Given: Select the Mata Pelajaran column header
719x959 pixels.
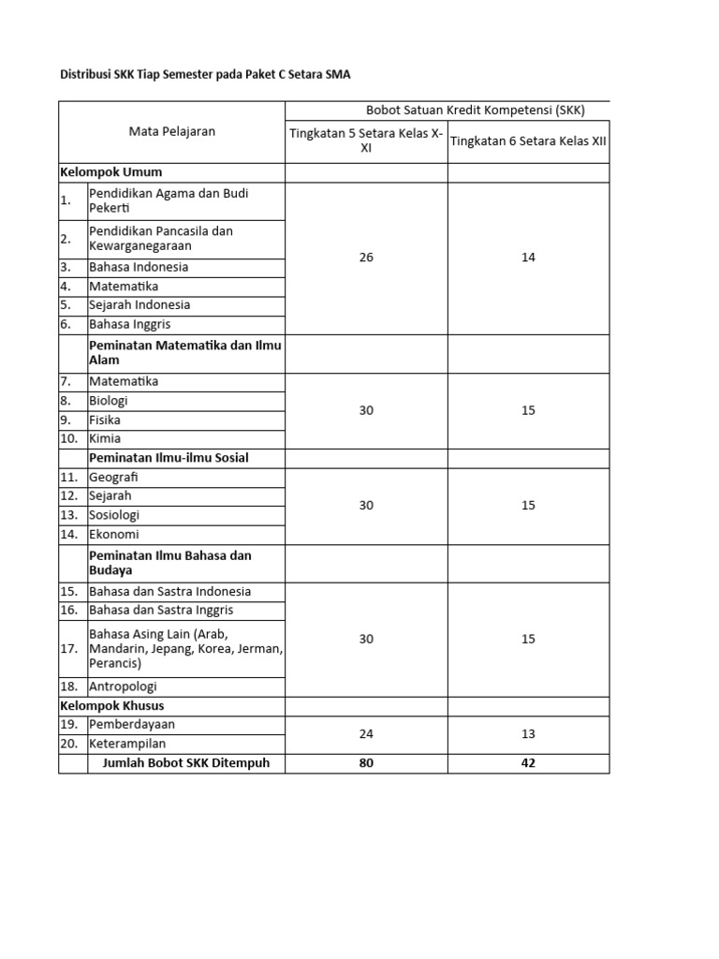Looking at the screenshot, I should click(172, 131).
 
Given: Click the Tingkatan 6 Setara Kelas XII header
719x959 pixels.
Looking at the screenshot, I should click(528, 140).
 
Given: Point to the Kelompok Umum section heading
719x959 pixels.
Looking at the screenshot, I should click(111, 172).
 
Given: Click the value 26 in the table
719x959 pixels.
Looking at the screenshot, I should click(366, 258).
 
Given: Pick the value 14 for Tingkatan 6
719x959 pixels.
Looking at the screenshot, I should click(528, 258).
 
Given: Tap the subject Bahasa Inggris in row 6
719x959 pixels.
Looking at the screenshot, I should click(130, 324).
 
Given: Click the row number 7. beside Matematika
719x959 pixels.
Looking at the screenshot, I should click(66, 382).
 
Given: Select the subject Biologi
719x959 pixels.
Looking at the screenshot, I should click(109, 401).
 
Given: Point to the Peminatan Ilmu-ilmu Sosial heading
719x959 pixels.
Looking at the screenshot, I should click(169, 458).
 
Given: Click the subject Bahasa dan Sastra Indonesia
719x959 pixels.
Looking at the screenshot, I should click(169, 591).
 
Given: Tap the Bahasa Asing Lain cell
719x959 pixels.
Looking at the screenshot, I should click(185, 648).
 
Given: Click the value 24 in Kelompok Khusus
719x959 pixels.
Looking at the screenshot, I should click(366, 734).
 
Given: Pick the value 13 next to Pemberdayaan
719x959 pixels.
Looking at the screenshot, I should click(528, 734).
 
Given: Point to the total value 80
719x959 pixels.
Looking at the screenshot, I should click(366, 763).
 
